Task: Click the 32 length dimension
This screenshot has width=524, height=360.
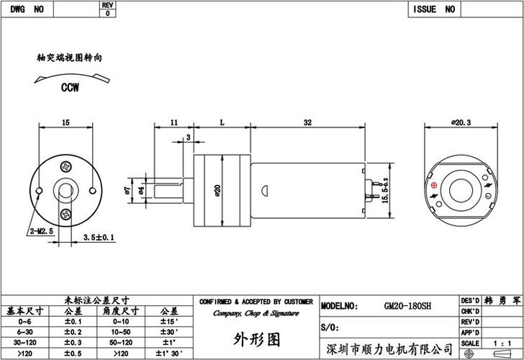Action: [x=307, y=124]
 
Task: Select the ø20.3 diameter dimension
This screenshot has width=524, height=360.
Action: [x=460, y=123]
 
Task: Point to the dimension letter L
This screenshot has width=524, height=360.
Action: [x=222, y=124]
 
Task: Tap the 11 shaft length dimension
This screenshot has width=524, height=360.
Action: [x=173, y=124]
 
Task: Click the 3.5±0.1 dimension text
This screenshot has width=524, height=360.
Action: [x=99, y=236]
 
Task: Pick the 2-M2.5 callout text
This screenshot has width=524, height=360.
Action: [x=42, y=231]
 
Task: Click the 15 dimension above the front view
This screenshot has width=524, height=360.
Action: [x=65, y=124]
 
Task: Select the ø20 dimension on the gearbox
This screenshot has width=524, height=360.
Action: [x=217, y=190]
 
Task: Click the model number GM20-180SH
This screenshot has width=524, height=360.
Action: [x=407, y=306]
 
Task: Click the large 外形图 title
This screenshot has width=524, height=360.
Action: [x=256, y=338]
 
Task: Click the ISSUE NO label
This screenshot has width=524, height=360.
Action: [x=434, y=9]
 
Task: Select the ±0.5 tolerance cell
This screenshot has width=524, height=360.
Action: [x=73, y=353]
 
